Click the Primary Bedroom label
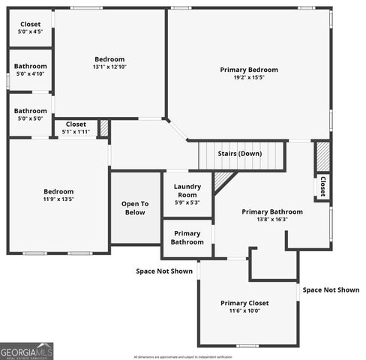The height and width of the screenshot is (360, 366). click(248, 70)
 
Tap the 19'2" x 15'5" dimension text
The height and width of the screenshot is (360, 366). click(248, 77)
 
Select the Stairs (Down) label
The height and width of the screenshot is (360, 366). click(240, 154)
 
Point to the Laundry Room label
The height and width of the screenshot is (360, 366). click(187, 190)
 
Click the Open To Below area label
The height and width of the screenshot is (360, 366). click(135, 208)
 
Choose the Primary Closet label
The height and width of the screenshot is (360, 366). click(244, 303)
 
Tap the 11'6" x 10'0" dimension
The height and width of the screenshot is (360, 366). click(244, 310)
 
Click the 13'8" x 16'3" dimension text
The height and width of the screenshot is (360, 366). click(272, 220)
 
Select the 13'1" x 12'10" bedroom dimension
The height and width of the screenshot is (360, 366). click(109, 67)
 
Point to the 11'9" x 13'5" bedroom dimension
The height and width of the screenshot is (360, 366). click(58, 199)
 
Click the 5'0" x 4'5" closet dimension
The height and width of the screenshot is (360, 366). click(30, 31)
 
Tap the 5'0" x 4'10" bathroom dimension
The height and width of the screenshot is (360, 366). click(30, 73)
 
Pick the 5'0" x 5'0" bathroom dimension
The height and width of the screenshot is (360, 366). click(30, 118)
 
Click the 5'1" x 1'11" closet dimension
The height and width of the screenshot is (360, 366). click(76, 132)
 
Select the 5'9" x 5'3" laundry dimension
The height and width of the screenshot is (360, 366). click(187, 202)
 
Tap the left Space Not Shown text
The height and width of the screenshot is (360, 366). click(163, 271)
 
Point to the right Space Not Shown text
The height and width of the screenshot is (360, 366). click(331, 289)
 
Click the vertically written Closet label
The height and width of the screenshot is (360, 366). click(322, 184)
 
